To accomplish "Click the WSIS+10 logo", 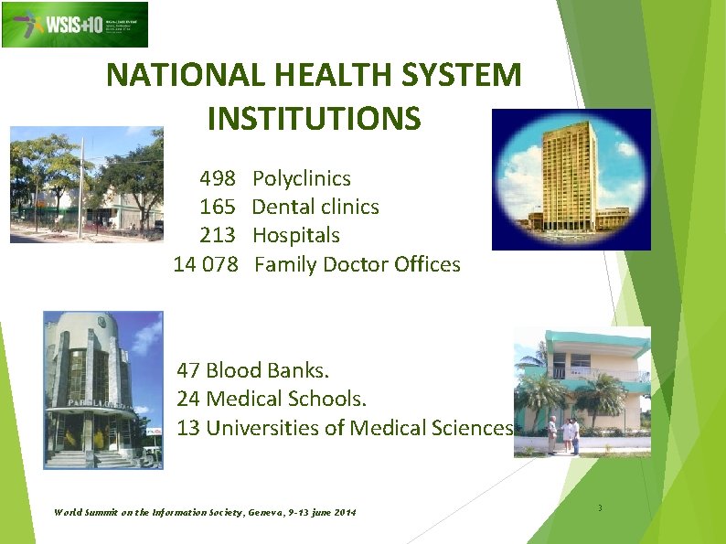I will (x=74, y=25).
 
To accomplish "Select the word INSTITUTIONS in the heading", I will (x=315, y=118).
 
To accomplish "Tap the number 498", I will (x=218, y=178).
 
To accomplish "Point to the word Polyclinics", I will (x=301, y=178).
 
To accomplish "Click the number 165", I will (x=218, y=207).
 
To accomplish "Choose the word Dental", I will (x=282, y=207).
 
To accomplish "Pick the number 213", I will (x=218, y=235).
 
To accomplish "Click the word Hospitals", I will (x=295, y=235).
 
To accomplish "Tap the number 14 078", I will (x=206, y=264).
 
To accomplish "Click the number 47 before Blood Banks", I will (x=188, y=370).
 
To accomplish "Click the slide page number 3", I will (x=600, y=508).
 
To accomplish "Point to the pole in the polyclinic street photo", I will (x=80, y=187).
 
